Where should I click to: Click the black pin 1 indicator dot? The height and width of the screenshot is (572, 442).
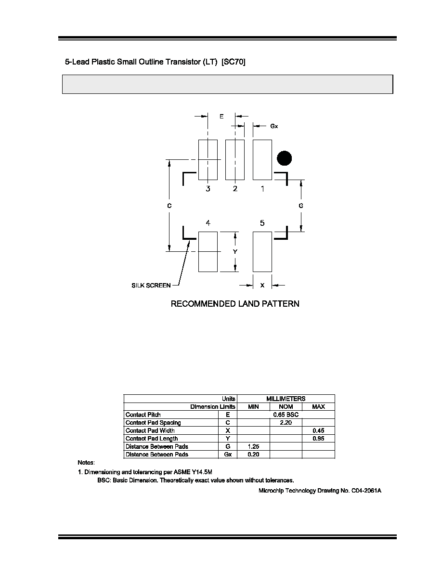click(x=285, y=158)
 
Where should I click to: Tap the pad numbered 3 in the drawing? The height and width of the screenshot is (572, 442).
click(x=208, y=160)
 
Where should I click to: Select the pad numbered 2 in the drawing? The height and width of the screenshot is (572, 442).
click(x=235, y=160)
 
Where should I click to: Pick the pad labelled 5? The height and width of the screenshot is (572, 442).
click(x=262, y=252)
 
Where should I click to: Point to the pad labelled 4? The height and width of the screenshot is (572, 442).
click(x=208, y=252)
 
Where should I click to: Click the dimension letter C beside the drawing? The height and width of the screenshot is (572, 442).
click(x=169, y=206)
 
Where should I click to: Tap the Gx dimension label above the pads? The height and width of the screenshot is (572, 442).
click(x=274, y=126)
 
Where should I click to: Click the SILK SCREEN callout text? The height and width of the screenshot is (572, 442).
click(x=151, y=285)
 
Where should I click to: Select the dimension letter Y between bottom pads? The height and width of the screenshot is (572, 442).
click(x=235, y=252)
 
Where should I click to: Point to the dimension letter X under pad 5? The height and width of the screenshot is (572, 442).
click(x=262, y=285)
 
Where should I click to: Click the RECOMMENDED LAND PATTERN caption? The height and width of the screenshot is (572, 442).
click(x=235, y=304)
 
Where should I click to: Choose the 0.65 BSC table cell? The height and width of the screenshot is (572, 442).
click(x=286, y=415)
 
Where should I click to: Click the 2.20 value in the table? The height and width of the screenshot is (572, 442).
click(x=286, y=423)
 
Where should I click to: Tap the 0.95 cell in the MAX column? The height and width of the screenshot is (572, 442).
click(x=318, y=439)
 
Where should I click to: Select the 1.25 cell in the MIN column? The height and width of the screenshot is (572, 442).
click(x=253, y=446)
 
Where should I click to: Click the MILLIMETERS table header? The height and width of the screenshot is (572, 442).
click(x=286, y=399)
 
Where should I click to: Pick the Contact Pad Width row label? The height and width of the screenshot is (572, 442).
click(x=150, y=430)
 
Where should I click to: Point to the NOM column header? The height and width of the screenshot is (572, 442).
click(x=286, y=407)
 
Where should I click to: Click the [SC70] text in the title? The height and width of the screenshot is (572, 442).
click(x=234, y=62)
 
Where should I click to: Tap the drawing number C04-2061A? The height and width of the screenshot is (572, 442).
click(x=366, y=491)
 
